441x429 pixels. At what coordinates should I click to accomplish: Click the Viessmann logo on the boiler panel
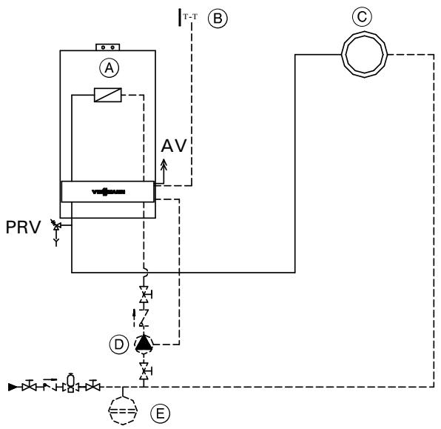[108, 191]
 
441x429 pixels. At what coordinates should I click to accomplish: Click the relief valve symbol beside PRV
[55, 226]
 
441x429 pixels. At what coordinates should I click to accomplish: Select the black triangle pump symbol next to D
[144, 344]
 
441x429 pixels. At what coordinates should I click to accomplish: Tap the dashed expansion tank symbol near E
[123, 407]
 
